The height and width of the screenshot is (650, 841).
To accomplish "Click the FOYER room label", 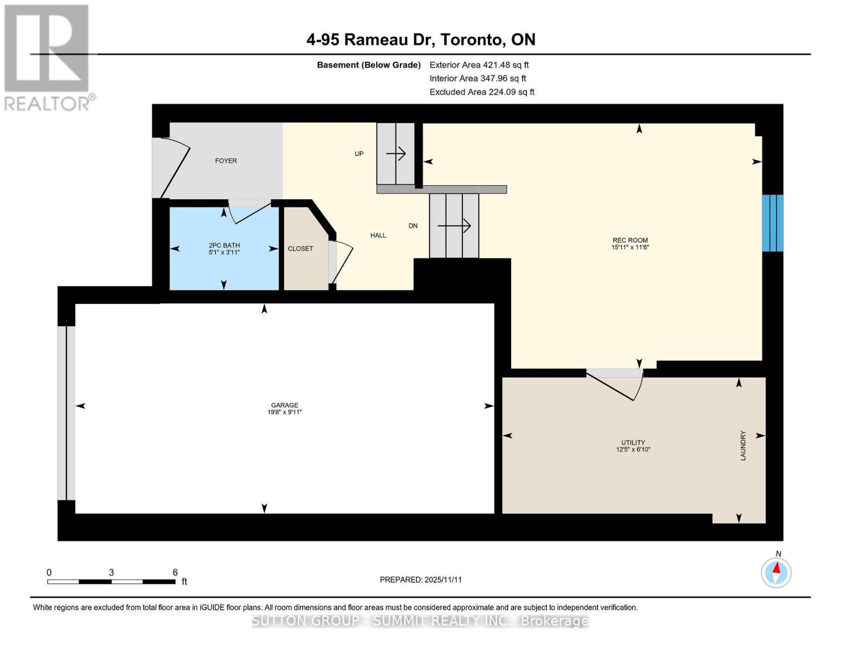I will [226, 161].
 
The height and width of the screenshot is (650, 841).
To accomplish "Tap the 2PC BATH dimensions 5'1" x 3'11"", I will [224, 252].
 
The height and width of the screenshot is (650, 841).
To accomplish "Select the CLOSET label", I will [300, 249].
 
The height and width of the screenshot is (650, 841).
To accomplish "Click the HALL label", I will [378, 235].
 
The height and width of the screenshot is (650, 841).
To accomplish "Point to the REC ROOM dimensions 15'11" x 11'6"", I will [630, 248].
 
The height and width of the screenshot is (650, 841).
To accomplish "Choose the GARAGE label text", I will [284, 405].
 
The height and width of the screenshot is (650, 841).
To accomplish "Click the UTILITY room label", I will [633, 443].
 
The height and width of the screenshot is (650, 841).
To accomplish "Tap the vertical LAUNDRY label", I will [743, 446].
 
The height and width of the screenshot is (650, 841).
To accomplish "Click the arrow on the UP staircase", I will [396, 154].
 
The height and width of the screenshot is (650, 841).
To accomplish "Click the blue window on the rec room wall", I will [772, 223].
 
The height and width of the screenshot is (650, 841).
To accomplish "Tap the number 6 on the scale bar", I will [175, 573].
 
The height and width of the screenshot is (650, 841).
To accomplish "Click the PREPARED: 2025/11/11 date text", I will [420, 580].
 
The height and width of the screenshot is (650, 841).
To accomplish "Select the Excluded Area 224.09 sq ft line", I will [481, 92].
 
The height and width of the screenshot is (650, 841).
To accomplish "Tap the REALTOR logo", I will [47, 57].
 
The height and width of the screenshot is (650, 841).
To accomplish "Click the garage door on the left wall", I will [66, 413].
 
